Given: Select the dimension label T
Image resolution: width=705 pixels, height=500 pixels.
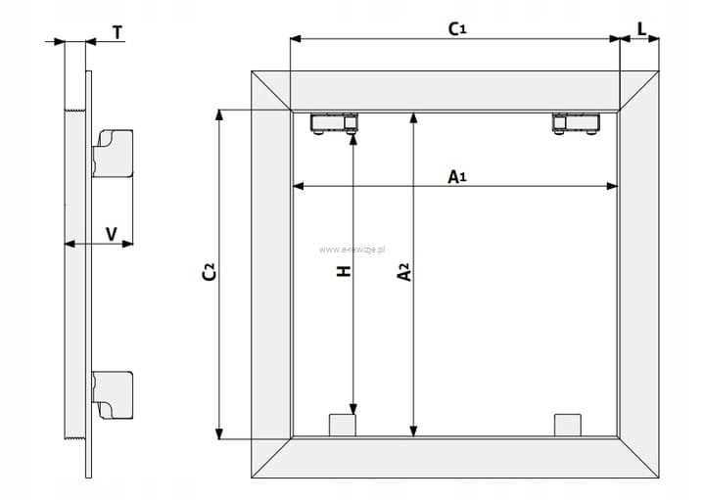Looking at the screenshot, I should (117, 32).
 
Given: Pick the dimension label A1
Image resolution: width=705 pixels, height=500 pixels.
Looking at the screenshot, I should (456, 176).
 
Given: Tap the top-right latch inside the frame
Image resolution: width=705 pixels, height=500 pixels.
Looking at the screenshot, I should (576, 124).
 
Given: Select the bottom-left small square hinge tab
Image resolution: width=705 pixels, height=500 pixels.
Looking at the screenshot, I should (340, 426).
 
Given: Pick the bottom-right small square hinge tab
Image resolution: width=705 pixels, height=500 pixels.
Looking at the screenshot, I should (567, 426).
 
